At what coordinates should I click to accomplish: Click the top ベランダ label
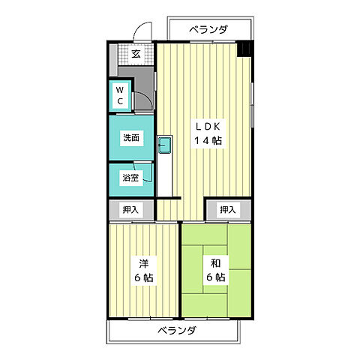[x=208, y=29]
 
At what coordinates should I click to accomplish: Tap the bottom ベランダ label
[x=177, y=330]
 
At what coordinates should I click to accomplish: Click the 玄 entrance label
[x=136, y=53]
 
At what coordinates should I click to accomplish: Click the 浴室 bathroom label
[x=129, y=178]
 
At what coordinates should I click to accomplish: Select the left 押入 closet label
[x=130, y=210]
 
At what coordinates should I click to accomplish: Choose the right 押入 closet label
[x=228, y=210]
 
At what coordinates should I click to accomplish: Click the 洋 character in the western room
[x=142, y=264]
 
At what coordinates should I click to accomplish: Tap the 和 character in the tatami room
[x=214, y=264]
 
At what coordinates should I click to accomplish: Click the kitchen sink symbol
[x=166, y=145]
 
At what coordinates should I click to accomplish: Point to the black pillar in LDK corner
[x=245, y=49]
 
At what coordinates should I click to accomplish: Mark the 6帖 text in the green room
[x=214, y=278]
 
